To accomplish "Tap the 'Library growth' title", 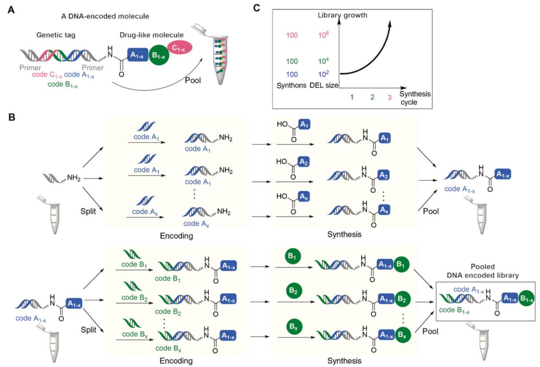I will coord(339,15).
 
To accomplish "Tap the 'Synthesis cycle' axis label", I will coord(416,98).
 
